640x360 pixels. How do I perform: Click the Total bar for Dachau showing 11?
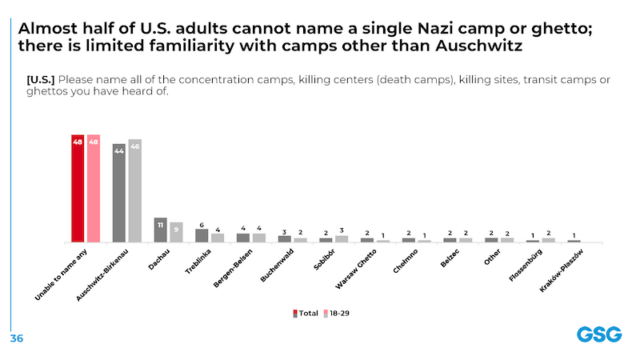click(x=160, y=230)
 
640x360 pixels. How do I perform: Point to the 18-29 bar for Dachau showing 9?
click(x=176, y=232)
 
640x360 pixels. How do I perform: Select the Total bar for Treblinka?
click(x=202, y=236)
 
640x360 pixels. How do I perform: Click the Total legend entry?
click(x=305, y=313)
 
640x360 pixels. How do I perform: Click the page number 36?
click(x=17, y=337)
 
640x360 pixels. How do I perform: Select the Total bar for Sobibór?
click(x=326, y=240)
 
